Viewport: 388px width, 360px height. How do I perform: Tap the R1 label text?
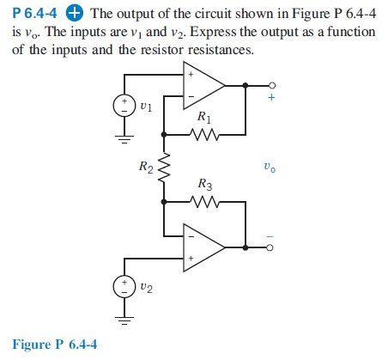pyautogui.click(x=202, y=116)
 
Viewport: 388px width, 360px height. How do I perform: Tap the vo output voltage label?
pyautogui.click(x=271, y=168)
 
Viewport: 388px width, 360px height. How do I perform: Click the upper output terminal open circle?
pyautogui.click(x=271, y=85)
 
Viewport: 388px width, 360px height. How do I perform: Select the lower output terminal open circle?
pyautogui.click(x=271, y=246)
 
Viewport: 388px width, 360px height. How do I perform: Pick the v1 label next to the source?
pyautogui.click(x=146, y=108)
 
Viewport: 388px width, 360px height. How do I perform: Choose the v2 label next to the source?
pyautogui.click(x=147, y=288)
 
